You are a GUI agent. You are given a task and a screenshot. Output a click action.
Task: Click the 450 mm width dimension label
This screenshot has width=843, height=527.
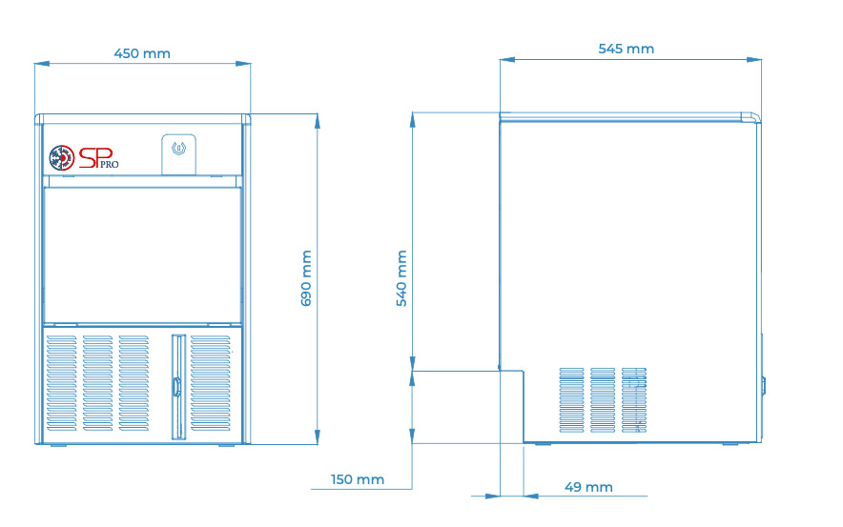click(142, 53)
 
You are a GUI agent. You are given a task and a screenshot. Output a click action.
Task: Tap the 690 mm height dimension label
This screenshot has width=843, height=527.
click(306, 278)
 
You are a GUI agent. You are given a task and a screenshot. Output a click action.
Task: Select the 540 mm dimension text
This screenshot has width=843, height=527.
click(401, 278)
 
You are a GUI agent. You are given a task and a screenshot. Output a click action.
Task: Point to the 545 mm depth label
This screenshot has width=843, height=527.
click(627, 49)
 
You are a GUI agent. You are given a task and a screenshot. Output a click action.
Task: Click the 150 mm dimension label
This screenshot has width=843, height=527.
click(358, 479)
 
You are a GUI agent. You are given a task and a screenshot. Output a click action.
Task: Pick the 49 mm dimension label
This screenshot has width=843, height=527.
click(588, 487)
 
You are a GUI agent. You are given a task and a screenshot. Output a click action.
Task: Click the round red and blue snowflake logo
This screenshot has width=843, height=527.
click(62, 158)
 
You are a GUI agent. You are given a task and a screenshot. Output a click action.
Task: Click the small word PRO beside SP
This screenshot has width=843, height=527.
click(109, 164)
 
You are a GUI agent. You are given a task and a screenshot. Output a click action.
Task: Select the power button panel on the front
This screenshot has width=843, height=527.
click(178, 154)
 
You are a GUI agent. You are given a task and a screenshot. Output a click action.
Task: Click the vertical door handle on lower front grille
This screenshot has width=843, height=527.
click(176, 387)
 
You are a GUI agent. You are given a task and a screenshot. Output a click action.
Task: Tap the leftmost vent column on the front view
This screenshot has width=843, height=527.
click(62, 383)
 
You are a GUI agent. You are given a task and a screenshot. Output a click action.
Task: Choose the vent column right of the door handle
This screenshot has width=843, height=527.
click(210, 383)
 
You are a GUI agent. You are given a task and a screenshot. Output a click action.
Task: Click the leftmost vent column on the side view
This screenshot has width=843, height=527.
click(571, 400)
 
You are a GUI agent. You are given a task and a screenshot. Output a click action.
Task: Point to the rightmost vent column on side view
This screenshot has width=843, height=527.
click(634, 400)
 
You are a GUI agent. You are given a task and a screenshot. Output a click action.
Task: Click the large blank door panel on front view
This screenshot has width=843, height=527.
click(142, 255)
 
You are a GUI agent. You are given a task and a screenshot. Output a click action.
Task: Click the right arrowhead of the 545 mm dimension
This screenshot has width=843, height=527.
click(754, 60)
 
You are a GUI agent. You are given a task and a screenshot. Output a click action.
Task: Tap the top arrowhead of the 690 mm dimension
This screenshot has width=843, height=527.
click(318, 121)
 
